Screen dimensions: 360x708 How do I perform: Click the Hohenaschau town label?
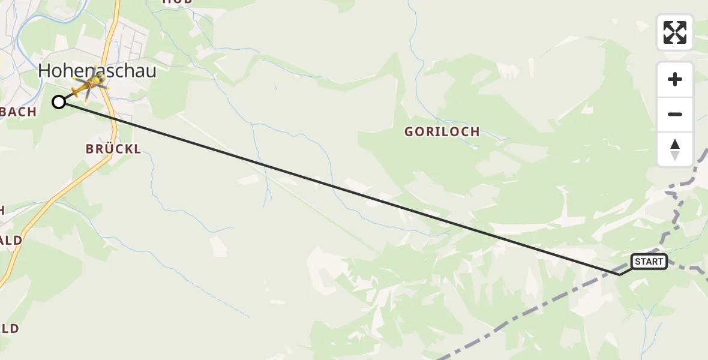[97, 71]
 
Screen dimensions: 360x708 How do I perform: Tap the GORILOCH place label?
[442, 132]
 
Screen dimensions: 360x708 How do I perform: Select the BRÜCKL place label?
[113, 149]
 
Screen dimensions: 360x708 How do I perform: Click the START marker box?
[649, 262]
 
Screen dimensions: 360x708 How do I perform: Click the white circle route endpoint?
[59, 102]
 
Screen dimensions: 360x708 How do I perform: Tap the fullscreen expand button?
[675, 32]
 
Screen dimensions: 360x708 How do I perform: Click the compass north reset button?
[675, 149]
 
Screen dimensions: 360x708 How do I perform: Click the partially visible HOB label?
[177, 2]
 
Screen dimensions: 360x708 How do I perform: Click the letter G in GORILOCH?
[409, 132]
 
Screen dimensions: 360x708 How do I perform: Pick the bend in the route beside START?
[619, 274]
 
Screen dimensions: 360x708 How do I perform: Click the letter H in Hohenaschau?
[45, 71]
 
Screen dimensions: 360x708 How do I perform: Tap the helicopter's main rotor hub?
[92, 84]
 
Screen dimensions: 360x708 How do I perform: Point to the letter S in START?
[637, 262]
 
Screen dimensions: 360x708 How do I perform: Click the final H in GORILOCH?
[475, 132]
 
